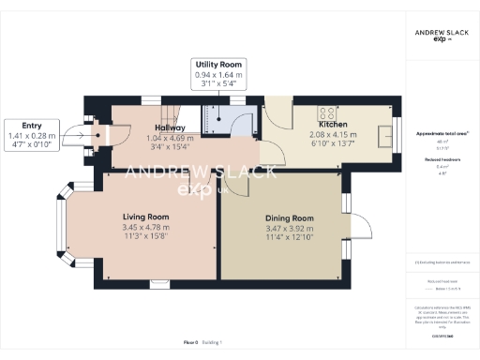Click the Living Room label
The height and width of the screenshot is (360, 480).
tap(146, 216)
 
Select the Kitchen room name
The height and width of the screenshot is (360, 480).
tap(335, 124)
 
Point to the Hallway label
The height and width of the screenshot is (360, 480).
tap(169, 127)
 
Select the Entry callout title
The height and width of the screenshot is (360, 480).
tap(32, 125)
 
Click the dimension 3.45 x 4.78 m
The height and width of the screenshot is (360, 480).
tap(146, 227)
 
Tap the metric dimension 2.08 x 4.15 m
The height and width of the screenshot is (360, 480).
tap(335, 135)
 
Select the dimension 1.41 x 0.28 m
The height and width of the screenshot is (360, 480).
tap(32, 136)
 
